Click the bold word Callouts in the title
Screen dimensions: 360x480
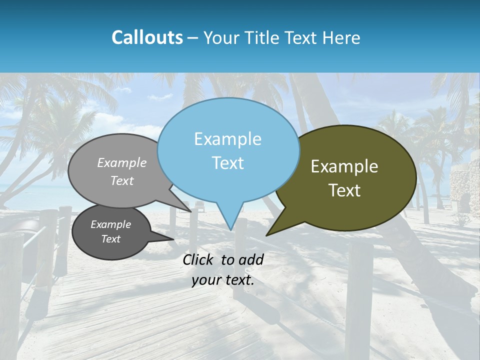[147, 37]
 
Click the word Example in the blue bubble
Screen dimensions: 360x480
[227, 139]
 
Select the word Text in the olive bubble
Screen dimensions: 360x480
[344, 190]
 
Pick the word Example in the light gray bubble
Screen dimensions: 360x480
[122, 163]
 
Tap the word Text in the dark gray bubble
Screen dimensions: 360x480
[111, 239]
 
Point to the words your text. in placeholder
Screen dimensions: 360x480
[223, 280]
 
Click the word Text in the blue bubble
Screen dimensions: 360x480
[228, 163]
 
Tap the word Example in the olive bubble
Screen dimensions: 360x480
[344, 166]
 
